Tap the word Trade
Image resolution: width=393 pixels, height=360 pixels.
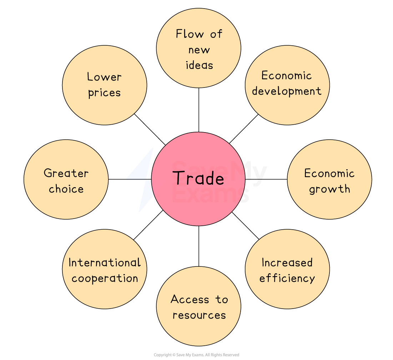point(198,178)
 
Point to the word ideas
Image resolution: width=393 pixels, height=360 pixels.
point(199,65)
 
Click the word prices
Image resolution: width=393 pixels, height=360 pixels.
point(104,93)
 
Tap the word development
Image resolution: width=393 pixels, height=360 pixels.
point(287,91)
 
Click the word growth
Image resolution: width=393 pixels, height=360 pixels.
point(329,189)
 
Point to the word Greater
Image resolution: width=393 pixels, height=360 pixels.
point(66,173)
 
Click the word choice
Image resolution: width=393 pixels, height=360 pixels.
point(66,189)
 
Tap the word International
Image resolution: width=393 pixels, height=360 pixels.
point(104,262)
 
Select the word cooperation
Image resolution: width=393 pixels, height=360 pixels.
point(104,278)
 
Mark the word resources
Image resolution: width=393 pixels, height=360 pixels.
point(199,315)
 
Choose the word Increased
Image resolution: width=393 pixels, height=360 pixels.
point(287,262)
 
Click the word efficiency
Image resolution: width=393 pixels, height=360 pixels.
point(287,278)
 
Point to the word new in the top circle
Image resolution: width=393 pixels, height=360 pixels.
point(199,50)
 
